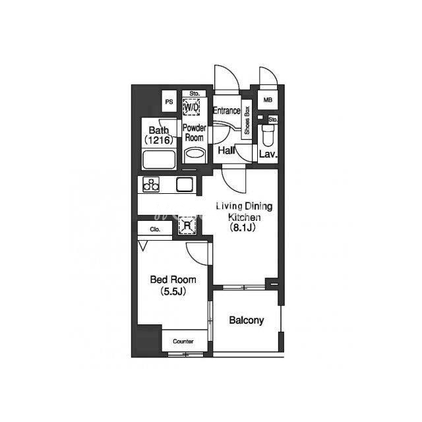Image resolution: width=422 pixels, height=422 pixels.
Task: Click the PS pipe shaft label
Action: (x=169, y=102)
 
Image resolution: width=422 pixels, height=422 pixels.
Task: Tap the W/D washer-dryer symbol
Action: (x=191, y=107)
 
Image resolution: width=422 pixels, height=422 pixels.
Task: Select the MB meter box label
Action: (x=268, y=100)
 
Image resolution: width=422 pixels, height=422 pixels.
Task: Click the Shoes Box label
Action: (x=247, y=120)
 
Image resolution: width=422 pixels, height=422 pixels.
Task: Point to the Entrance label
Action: (x=227, y=110)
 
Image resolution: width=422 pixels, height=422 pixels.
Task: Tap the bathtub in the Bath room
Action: (x=159, y=160)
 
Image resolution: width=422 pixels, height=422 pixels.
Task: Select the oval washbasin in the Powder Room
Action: (x=195, y=154)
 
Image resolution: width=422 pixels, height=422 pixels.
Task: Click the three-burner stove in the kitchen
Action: (x=151, y=185)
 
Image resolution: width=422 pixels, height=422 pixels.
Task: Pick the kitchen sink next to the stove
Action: (x=185, y=185)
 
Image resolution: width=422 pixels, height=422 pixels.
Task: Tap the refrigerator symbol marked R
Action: (x=187, y=225)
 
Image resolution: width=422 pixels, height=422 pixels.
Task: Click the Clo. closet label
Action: (x=155, y=229)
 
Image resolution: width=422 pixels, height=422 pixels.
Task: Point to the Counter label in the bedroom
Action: (x=183, y=342)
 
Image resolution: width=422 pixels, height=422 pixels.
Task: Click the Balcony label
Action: (x=246, y=320)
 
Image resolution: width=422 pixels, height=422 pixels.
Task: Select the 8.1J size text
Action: (x=243, y=227)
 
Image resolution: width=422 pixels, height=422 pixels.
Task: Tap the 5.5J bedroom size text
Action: (x=173, y=291)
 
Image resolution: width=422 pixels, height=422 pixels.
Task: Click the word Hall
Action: (x=226, y=150)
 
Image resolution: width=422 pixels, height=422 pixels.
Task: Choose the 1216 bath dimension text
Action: (x=159, y=140)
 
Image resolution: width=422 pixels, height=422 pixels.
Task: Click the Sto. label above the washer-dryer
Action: (x=195, y=94)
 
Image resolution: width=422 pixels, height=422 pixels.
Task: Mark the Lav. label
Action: (x=268, y=154)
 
